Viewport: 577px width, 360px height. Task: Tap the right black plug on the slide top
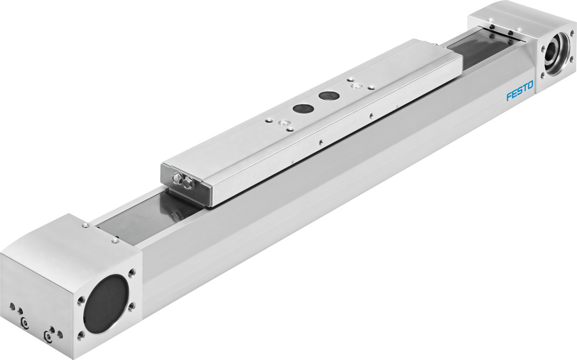(x=328, y=96)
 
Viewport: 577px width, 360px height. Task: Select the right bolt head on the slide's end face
(x=189, y=184)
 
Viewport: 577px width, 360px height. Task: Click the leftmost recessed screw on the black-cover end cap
(x=25, y=323)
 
